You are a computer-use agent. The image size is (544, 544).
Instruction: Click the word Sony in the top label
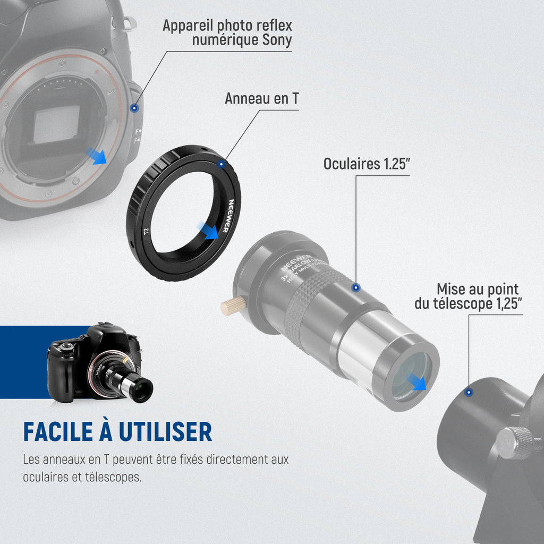coord(277,40)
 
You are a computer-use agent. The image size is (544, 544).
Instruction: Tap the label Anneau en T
coord(261,98)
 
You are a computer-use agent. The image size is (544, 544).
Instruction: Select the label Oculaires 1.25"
coord(367,164)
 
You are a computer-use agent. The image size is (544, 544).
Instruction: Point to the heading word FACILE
coord(58,432)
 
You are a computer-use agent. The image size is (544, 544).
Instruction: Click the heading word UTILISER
coord(165,432)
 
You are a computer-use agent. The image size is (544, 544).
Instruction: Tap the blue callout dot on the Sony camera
coord(134,108)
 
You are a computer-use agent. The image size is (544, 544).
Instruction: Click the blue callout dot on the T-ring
coord(221,164)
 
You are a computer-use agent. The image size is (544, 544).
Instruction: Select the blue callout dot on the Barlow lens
coord(356,287)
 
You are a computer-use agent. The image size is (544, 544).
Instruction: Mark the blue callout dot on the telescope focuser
coord(469,393)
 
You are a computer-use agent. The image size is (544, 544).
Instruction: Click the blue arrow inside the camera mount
coord(96,156)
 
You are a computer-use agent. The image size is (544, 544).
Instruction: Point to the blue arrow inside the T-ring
coord(208,230)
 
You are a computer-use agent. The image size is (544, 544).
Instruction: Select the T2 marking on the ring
coord(146,231)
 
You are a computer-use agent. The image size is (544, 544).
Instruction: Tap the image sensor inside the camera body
coord(56,124)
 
